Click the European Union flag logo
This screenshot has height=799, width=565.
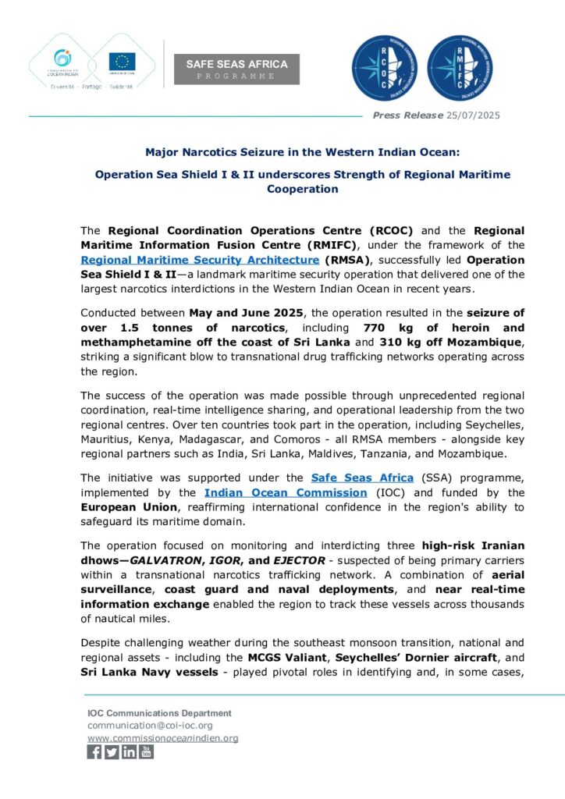(x=122, y=61)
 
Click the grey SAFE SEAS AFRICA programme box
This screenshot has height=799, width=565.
(x=236, y=69)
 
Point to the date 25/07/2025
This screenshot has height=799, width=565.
(x=474, y=115)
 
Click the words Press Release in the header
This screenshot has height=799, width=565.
(x=398, y=115)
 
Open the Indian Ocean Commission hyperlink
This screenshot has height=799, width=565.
(x=286, y=492)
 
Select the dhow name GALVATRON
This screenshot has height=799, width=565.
(x=163, y=559)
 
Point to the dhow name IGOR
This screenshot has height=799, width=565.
(x=223, y=559)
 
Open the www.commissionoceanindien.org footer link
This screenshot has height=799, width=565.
(x=162, y=737)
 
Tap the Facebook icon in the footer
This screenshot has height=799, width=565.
(x=94, y=752)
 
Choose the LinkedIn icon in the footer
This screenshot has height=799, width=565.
(x=129, y=752)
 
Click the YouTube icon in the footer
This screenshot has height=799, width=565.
(x=146, y=752)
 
